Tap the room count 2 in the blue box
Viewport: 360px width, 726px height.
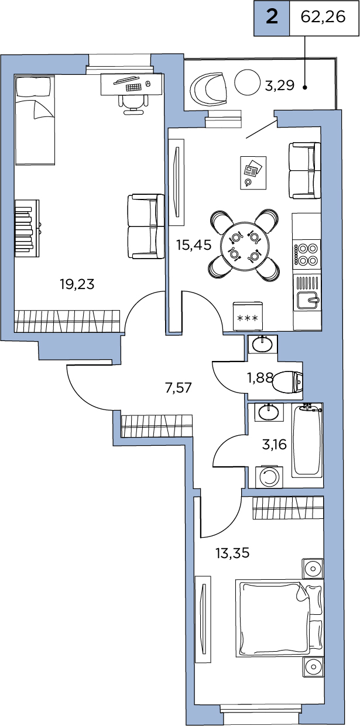(x=272, y=17)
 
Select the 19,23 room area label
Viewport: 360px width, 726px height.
(x=77, y=284)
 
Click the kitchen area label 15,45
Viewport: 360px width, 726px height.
(x=194, y=245)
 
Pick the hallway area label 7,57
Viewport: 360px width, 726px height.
(x=179, y=387)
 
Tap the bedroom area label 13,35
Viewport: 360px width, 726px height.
(x=232, y=553)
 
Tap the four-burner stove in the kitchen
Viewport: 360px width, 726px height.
(x=307, y=254)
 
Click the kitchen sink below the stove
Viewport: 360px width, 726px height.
(x=307, y=300)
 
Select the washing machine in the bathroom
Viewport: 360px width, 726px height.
(x=269, y=477)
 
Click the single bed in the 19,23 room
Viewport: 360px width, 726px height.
(x=35, y=120)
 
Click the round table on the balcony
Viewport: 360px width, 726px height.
(x=247, y=82)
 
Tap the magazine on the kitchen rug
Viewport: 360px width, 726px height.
(x=253, y=170)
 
